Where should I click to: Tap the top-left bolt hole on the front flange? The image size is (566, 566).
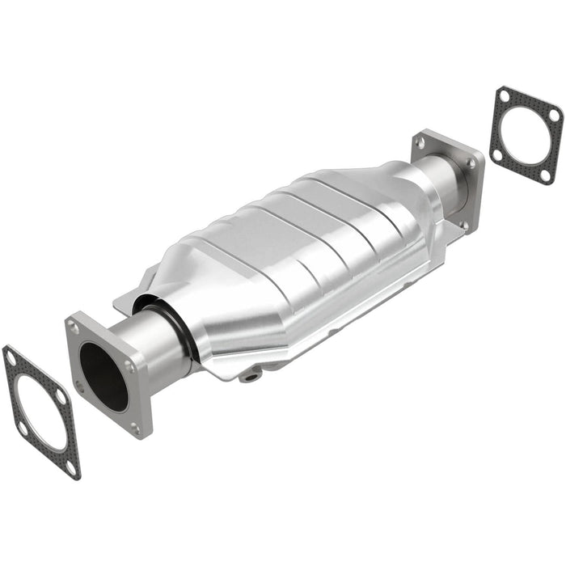pos(74,328)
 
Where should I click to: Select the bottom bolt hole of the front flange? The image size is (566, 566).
pos(135,428)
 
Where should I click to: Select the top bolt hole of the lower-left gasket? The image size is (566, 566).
pos(11,357)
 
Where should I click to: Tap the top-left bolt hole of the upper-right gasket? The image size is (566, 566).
pos(504,96)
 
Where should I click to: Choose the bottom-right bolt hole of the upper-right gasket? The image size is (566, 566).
pos(546,175)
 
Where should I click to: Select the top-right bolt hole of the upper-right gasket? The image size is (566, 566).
pos(554,115)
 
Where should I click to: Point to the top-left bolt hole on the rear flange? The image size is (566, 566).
pos(420,142)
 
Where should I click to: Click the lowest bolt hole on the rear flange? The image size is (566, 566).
pos(463,224)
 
